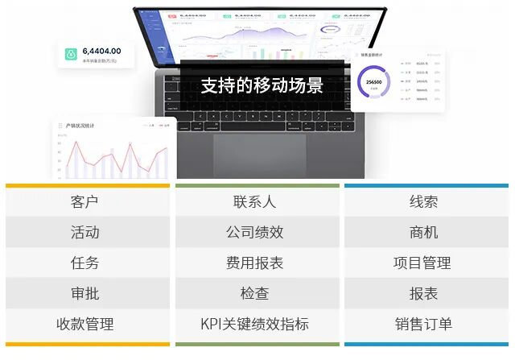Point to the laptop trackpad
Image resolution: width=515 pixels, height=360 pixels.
(x=259, y=155)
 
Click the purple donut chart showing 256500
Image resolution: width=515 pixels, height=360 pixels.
(x=373, y=83)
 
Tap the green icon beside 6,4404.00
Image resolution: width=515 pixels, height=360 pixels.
(x=71, y=55)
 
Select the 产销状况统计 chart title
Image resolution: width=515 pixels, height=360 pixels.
(x=80, y=126)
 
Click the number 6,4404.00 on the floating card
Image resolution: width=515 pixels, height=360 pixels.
(x=101, y=51)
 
